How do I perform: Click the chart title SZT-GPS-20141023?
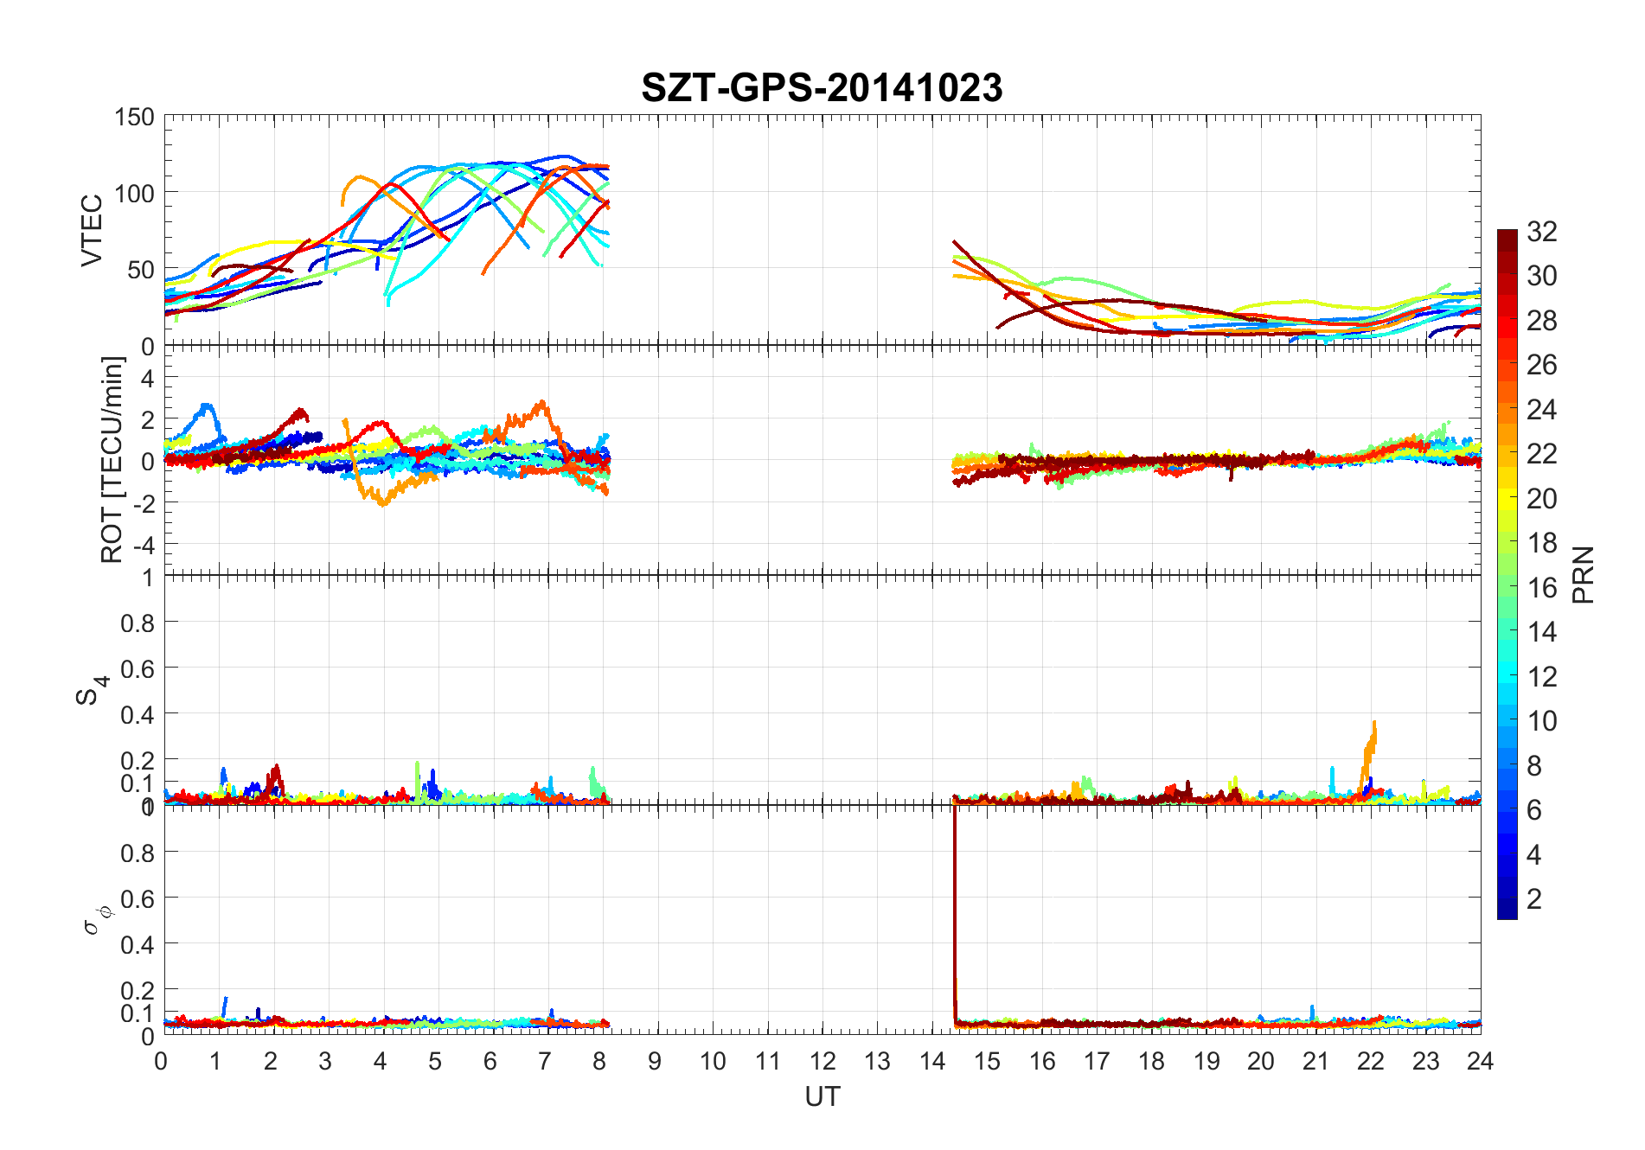(822, 88)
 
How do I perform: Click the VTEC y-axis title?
(92, 230)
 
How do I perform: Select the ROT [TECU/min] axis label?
(112, 460)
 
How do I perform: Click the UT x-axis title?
(822, 1097)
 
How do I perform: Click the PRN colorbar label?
(1583, 574)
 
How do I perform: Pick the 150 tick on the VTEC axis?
(134, 118)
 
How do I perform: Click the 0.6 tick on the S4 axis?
(137, 668)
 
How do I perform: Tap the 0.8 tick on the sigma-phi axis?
(137, 853)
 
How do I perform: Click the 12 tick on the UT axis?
(822, 1061)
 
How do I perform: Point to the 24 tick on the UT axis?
(1480, 1061)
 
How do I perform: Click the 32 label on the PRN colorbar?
(1542, 232)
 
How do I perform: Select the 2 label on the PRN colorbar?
(1534, 899)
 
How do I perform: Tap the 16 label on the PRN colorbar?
(1542, 588)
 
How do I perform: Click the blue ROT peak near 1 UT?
(207, 406)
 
